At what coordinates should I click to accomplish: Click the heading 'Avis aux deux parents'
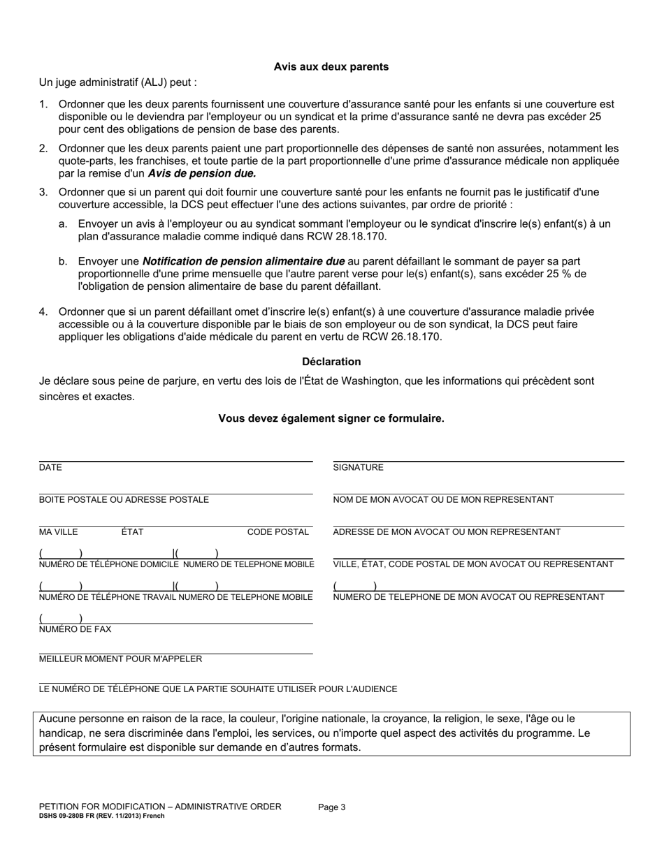331,67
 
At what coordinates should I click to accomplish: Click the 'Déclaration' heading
331,362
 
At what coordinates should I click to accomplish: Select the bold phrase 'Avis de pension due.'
202,173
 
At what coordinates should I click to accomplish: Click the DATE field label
50,468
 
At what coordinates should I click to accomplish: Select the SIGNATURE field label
358,468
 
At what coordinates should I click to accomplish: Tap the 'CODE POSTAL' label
277,532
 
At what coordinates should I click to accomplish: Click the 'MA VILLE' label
59,532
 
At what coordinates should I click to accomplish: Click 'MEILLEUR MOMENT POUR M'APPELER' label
120,659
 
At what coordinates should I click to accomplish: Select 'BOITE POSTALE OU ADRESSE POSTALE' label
124,500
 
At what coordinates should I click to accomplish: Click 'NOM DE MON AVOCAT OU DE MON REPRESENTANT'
443,500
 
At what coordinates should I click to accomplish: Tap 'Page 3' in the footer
331,807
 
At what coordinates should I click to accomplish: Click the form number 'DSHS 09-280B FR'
72,816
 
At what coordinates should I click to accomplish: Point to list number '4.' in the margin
43,311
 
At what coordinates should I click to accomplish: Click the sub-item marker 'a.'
63,224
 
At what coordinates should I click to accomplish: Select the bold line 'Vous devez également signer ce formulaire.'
331,419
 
